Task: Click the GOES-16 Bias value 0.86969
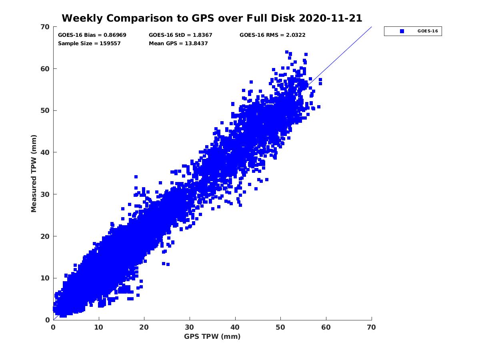pyautogui.click(x=115, y=35)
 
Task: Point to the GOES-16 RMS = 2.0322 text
pyautogui.click(x=272, y=35)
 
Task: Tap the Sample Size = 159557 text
pyautogui.click(x=89, y=44)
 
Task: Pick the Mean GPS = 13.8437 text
pyautogui.click(x=178, y=44)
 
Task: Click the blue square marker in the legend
pyautogui.click(x=402, y=31)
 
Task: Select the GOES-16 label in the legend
pyautogui.click(x=425, y=31)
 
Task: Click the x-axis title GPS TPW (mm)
pyautogui.click(x=212, y=336)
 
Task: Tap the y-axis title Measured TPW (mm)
pyautogui.click(x=34, y=173)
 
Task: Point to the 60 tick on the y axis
pyautogui.click(x=46, y=69)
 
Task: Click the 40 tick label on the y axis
pyautogui.click(x=46, y=152)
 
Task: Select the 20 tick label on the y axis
pyautogui.click(x=46, y=236)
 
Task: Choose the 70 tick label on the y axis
pyautogui.click(x=46, y=27)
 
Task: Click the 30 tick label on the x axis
pyautogui.click(x=190, y=327)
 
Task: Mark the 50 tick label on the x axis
pyautogui.click(x=280, y=327)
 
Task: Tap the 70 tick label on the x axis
pyautogui.click(x=372, y=327)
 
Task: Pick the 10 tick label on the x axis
pyautogui.click(x=99, y=327)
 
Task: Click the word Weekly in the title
pyautogui.click(x=80, y=18)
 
